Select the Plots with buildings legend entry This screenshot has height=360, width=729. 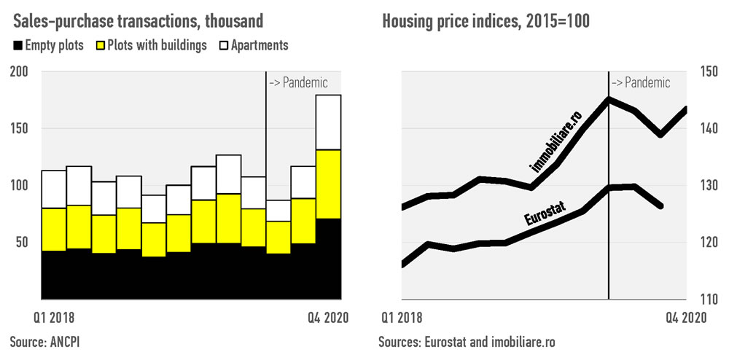click(x=151, y=45)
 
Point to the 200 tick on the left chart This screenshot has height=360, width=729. click(x=20, y=71)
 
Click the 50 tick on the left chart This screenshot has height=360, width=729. click(x=23, y=242)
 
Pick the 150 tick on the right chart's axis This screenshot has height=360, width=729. click(x=709, y=71)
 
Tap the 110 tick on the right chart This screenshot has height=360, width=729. click(x=709, y=299)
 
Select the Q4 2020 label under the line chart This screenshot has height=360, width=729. click(x=685, y=318)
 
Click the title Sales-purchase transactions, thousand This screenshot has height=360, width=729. click(x=136, y=20)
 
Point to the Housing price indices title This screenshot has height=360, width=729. click(x=486, y=20)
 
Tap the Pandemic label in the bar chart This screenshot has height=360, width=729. click(x=299, y=82)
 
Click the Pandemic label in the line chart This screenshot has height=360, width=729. click(x=641, y=82)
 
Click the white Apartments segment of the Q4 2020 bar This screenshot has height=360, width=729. click(x=329, y=122)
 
